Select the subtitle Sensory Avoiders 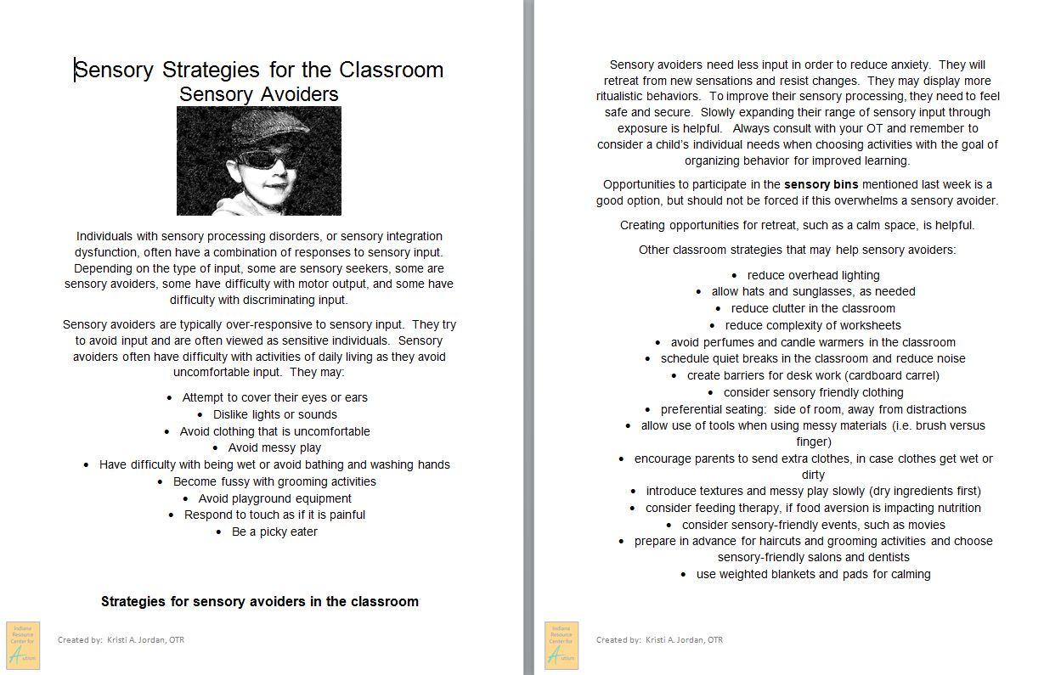(x=259, y=94)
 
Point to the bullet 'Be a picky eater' (x=274, y=532)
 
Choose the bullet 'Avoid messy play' (x=274, y=447)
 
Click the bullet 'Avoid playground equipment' (x=274, y=498)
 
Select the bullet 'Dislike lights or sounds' (x=274, y=414)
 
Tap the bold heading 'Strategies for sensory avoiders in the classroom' (x=259, y=601)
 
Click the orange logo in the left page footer (x=23, y=645)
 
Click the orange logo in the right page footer (x=562, y=645)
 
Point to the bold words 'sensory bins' (x=821, y=184)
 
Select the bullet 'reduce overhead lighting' (x=813, y=275)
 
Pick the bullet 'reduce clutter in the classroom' (x=813, y=308)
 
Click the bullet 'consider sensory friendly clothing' (x=813, y=392)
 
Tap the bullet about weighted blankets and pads (x=813, y=574)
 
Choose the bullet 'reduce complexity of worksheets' (x=813, y=325)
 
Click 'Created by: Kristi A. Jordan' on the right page (x=659, y=639)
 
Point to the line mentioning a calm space (x=797, y=225)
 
